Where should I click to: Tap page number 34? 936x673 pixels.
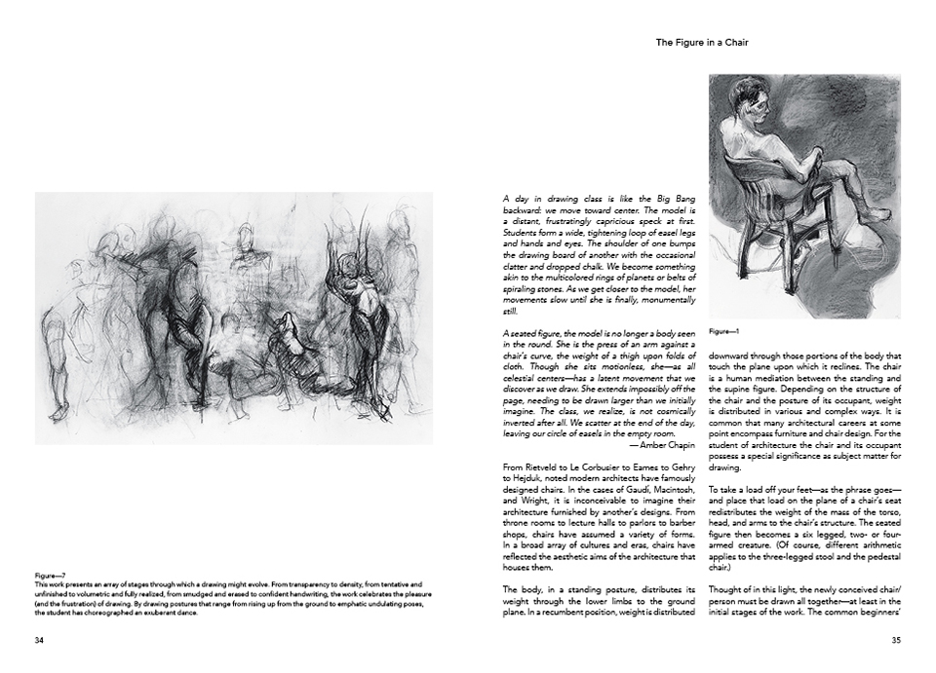point(40,640)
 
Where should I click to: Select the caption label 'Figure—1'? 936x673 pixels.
point(723,331)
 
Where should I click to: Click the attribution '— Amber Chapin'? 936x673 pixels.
point(661,443)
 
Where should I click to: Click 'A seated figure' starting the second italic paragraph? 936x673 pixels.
point(530,334)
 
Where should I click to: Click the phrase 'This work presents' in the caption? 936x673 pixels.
point(61,583)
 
